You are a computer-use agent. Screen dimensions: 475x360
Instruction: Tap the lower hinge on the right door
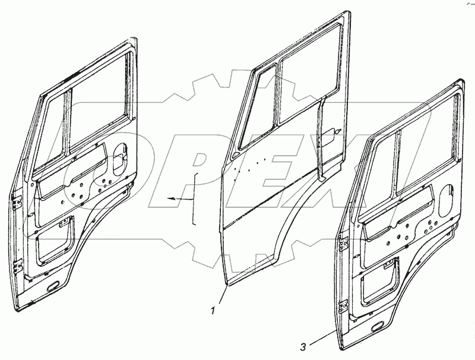click(x=344, y=307)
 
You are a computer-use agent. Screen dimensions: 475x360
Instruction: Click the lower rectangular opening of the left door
click(x=53, y=240)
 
